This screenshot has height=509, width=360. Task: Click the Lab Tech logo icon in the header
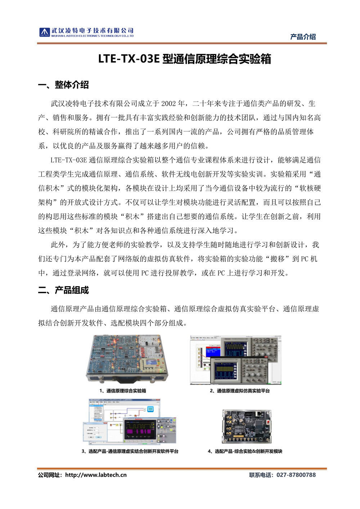(x=44, y=32)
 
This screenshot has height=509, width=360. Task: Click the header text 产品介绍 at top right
(x=303, y=37)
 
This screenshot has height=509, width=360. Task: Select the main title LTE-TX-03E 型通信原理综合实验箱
(x=184, y=59)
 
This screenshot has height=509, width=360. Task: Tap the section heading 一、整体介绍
(x=63, y=85)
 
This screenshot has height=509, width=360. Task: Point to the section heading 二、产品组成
(x=63, y=290)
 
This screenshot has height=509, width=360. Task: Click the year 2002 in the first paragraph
(x=168, y=104)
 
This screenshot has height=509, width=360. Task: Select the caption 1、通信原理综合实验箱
(x=123, y=391)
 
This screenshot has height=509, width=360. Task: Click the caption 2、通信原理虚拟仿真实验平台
(x=240, y=391)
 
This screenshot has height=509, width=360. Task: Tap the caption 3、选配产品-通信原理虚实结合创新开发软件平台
(x=130, y=451)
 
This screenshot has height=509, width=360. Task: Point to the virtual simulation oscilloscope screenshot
(x=236, y=360)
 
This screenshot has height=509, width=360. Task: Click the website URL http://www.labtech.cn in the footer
(x=96, y=475)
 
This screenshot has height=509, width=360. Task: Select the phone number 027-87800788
(x=296, y=475)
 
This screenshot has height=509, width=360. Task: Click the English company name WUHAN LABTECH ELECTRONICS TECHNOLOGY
(x=92, y=36)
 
